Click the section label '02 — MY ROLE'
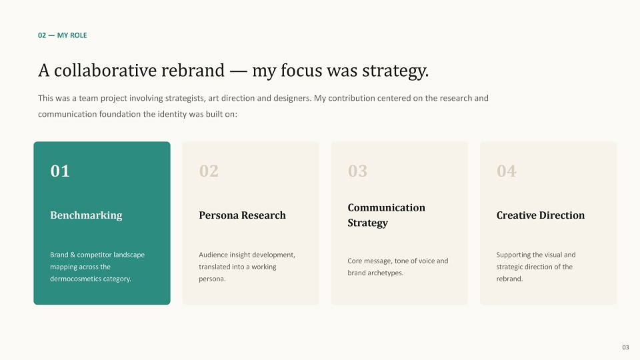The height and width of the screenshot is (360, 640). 63,35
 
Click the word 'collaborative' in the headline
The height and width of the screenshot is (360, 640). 105,70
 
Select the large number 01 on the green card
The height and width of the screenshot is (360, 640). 60,171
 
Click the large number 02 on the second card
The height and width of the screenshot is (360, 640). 209,171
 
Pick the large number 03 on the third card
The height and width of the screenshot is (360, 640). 357,171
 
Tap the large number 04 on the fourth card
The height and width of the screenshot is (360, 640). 507,171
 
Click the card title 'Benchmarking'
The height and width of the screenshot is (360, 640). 86,215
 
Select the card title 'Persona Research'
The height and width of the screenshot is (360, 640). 243,215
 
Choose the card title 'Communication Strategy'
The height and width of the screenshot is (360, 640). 386,215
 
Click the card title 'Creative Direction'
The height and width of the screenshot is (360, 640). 541,215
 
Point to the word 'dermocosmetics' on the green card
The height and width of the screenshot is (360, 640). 74,279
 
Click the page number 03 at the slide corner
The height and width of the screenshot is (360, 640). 626,347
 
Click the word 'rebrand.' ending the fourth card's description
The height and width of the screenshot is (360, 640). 509,279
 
